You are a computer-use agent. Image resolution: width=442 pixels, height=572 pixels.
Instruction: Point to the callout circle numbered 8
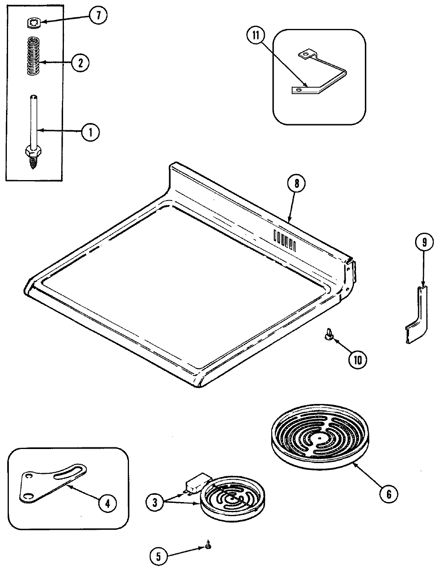(297, 183)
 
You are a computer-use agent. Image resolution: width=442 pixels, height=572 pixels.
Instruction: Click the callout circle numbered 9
(424, 242)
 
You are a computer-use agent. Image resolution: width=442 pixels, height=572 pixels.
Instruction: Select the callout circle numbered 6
(389, 493)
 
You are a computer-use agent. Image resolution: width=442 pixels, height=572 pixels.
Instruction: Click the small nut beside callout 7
(35, 24)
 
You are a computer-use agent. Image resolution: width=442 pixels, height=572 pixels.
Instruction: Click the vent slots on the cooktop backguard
(284, 240)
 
